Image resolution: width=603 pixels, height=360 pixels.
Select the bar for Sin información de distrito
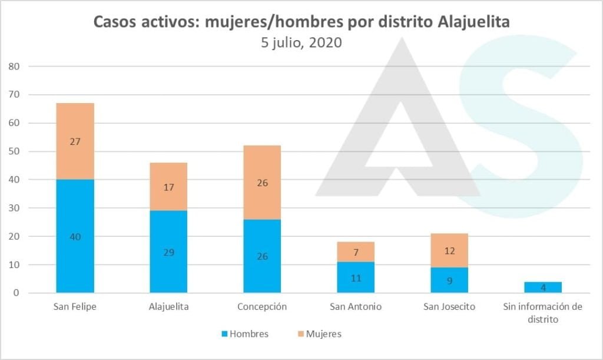pyautogui.click(x=543, y=287)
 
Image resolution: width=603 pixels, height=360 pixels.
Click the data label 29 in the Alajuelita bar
pyautogui.click(x=168, y=252)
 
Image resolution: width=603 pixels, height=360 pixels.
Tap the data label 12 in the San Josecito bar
pyautogui.click(x=449, y=251)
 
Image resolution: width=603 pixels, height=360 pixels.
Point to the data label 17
pyautogui.click(x=168, y=187)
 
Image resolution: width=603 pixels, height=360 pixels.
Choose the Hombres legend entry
pyautogui.click(x=244, y=334)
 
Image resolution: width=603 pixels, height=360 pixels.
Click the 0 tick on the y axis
pyautogui.click(x=17, y=293)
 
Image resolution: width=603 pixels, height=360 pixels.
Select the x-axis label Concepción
pyautogui.click(x=262, y=307)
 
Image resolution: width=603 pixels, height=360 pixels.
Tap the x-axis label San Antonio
pyautogui.click(x=356, y=307)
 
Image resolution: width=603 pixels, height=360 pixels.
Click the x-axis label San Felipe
pyautogui.click(x=75, y=307)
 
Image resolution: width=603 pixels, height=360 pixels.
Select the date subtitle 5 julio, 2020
pyautogui.click(x=301, y=43)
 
